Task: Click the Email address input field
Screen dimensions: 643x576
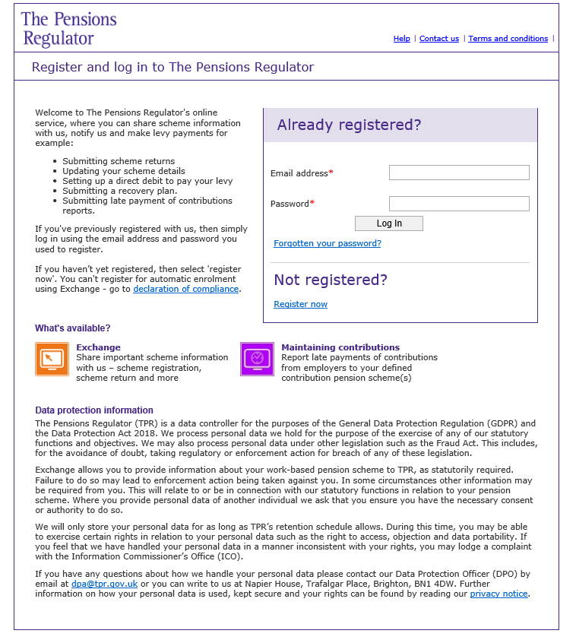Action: (x=459, y=173)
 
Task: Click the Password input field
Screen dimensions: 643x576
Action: (x=459, y=204)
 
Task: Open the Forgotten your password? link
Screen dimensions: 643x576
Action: (x=328, y=243)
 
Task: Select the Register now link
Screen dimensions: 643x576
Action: (x=300, y=304)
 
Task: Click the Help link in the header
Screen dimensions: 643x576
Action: (x=401, y=39)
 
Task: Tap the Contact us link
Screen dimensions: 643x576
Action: (x=439, y=39)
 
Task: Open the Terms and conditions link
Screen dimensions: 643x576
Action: (x=508, y=39)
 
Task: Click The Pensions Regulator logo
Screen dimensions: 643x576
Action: (x=68, y=29)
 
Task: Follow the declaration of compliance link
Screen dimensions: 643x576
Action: (x=186, y=289)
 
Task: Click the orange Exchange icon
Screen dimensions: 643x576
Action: (x=52, y=359)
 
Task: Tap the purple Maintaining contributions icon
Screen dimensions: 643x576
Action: (x=257, y=359)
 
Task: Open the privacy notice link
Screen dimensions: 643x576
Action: (x=498, y=594)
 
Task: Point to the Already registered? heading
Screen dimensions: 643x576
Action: (x=349, y=125)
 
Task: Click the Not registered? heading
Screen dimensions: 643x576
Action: (x=331, y=280)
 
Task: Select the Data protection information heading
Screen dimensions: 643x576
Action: (x=94, y=410)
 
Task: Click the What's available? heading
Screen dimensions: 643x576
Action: (x=72, y=328)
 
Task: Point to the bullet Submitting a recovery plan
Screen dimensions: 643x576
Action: (x=119, y=191)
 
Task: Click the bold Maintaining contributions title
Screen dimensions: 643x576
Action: (x=340, y=347)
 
